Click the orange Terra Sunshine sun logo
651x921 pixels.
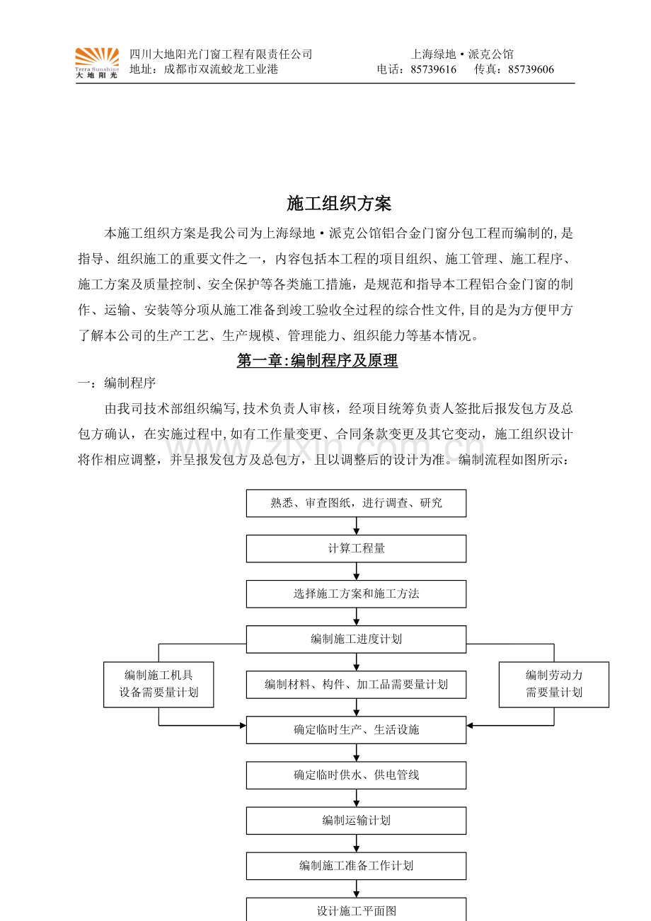click(97, 62)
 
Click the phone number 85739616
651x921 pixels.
click(433, 69)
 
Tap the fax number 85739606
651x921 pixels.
click(531, 69)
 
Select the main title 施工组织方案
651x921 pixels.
click(339, 204)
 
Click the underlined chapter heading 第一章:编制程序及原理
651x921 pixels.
click(317, 361)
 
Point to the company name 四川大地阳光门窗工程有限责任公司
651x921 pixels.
click(221, 54)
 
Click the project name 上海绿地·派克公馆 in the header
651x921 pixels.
click(462, 54)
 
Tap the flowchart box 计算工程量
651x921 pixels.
click(356, 548)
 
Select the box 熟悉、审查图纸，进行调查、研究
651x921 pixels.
click(356, 503)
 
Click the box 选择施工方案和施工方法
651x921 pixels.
click(356, 593)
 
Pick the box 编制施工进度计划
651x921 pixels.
click(356, 639)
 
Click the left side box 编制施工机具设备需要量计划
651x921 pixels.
click(159, 684)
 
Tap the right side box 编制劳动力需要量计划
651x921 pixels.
click(553, 684)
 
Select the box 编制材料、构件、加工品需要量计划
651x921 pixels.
click(356, 684)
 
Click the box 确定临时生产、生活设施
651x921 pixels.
click(356, 729)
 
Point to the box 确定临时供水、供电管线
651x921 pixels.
click(356, 775)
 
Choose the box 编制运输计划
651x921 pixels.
click(356, 821)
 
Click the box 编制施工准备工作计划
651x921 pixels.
click(356, 866)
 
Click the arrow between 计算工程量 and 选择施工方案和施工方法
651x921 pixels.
click(356, 571)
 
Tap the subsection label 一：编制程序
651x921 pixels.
click(117, 383)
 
